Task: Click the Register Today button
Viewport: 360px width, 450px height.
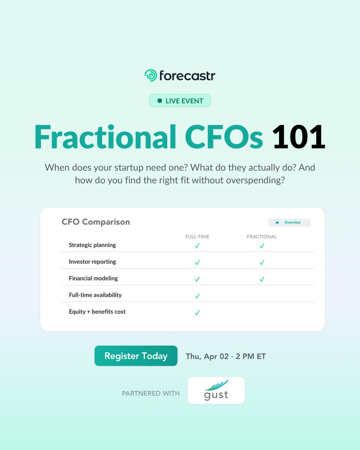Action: [136, 356]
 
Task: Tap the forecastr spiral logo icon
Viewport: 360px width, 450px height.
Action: [151, 75]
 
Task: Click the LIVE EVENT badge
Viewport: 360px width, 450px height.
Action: [180, 101]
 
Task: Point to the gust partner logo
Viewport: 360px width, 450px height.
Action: [216, 390]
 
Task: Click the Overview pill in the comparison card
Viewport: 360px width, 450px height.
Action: [289, 222]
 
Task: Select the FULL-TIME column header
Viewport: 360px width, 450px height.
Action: [197, 237]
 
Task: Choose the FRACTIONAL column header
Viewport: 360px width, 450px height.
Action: [262, 237]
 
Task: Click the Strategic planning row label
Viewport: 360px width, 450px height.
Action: [92, 245]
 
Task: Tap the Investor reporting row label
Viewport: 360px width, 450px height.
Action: [92, 262]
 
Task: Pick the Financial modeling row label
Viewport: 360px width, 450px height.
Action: [93, 278]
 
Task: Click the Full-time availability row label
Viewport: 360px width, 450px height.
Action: [95, 295]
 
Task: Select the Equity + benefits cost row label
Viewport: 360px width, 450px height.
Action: [97, 312]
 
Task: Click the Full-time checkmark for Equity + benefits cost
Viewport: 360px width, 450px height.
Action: [197, 313]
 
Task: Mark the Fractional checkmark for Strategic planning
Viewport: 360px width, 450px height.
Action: [262, 246]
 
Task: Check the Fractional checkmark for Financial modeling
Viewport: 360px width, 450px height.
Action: [262, 279]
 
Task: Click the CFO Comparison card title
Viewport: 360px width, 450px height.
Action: [96, 222]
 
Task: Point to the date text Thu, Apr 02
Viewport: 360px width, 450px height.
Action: [207, 356]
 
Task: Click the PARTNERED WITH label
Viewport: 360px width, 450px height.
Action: [151, 393]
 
